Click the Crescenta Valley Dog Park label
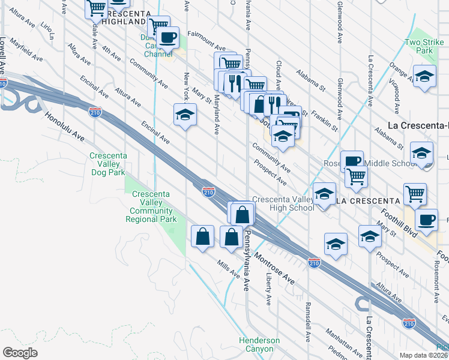point(107,164)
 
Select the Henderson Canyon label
point(259,344)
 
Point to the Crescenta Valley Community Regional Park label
point(151,206)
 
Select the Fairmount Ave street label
point(206,41)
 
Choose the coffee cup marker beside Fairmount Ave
point(168,37)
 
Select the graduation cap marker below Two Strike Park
point(424,77)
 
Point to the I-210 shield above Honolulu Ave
point(95,112)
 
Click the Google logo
point(20,353)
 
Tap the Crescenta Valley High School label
point(283,204)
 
